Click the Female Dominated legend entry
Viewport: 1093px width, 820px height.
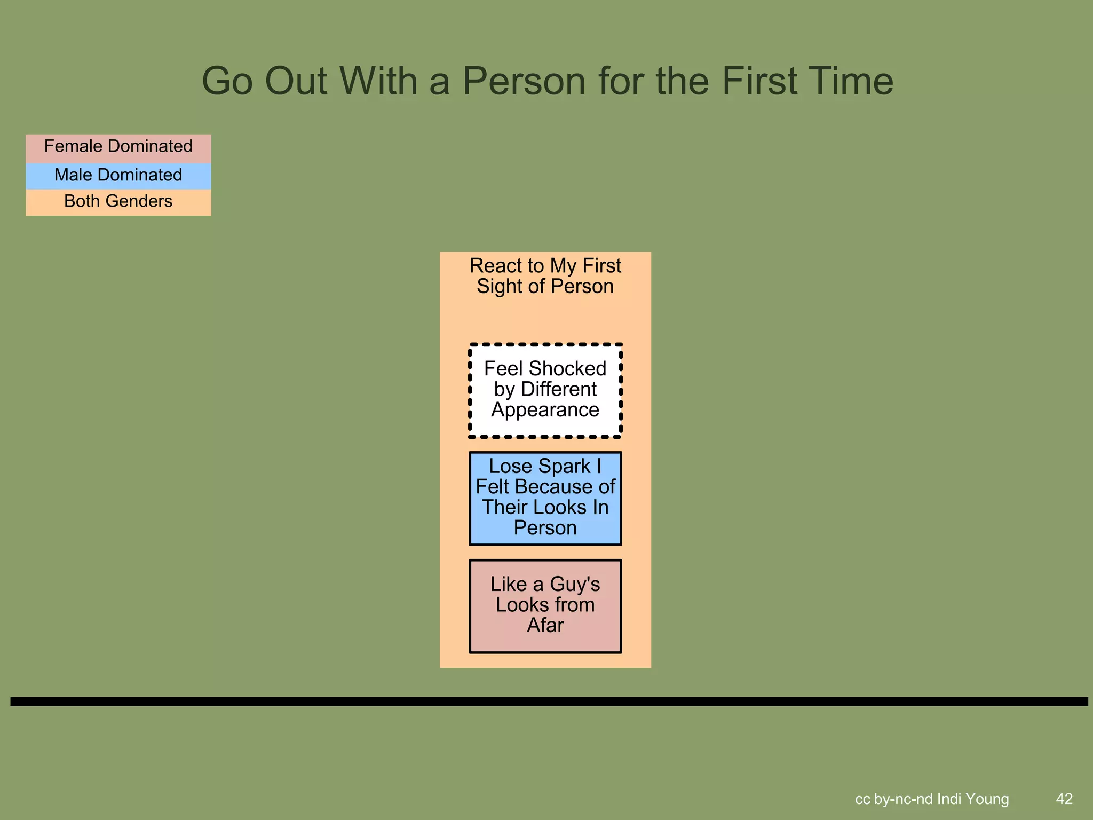[118, 147]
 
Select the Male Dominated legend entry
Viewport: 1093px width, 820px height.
[118, 175]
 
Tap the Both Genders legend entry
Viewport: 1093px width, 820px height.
[118, 201]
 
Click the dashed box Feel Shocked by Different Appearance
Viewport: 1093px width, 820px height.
[545, 390]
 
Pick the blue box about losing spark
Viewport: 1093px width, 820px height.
[545, 498]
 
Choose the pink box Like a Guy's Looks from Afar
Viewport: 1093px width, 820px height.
[545, 605]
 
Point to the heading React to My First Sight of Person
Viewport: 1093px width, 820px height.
[545, 276]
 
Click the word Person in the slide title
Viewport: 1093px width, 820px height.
[524, 81]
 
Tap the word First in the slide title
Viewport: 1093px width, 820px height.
[759, 81]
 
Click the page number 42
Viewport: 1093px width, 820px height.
[1064, 799]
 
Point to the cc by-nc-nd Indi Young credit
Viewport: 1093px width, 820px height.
[932, 799]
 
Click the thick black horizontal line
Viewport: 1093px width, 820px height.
[549, 701]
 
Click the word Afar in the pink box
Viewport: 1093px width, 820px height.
[545, 625]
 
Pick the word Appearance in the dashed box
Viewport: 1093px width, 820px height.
[545, 410]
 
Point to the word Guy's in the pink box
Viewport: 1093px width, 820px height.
[575, 585]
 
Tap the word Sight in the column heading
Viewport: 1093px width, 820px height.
[499, 287]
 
